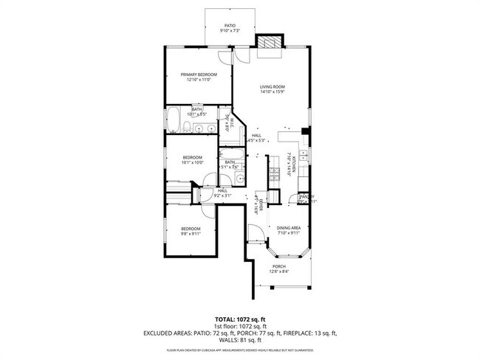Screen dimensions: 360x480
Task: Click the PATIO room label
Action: pos(230,25)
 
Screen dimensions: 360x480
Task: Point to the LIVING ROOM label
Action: pos(272,87)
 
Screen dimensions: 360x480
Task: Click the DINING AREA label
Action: pos(288,228)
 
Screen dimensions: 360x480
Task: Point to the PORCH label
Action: pos(279,266)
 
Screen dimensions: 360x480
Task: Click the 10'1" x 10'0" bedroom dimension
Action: pos(193,162)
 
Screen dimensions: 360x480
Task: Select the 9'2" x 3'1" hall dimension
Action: pos(222,196)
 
